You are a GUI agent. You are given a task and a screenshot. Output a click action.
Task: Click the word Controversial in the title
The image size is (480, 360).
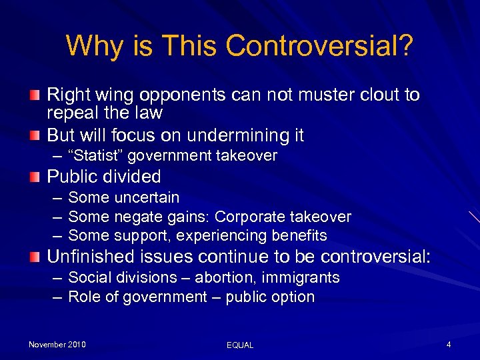(319, 46)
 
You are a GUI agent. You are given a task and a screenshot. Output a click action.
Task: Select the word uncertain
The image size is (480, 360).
(147, 197)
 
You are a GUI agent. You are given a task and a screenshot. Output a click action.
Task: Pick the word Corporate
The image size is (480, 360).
(249, 217)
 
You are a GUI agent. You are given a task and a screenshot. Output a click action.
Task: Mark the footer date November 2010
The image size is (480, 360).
(57, 345)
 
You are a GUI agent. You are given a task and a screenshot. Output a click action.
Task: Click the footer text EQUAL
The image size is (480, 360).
(240, 345)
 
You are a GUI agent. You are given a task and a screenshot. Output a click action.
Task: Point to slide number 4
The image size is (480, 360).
(449, 345)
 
